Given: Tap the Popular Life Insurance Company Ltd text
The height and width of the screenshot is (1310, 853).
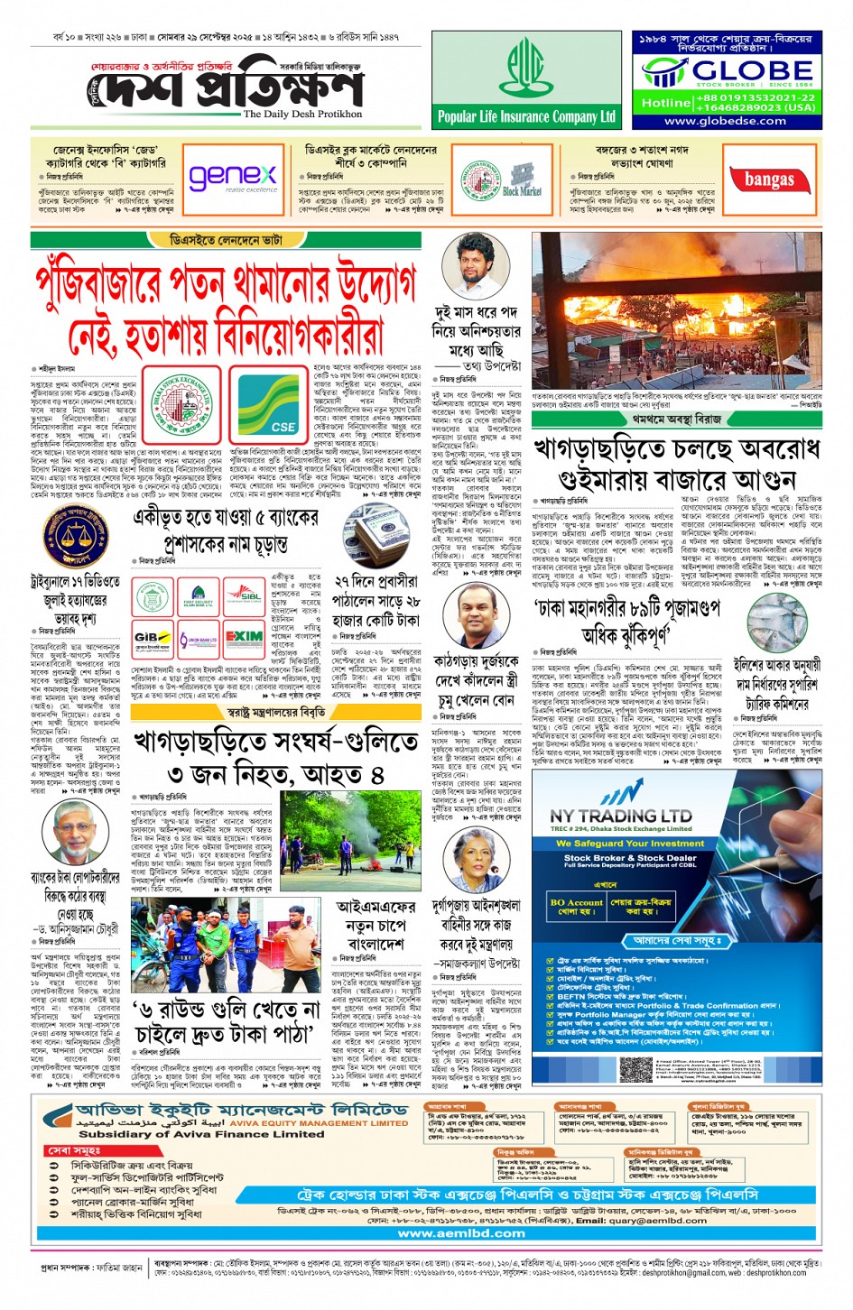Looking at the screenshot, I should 526,116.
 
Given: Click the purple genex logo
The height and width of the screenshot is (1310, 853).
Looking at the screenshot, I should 233,177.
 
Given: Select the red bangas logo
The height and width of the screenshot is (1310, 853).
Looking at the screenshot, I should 769,180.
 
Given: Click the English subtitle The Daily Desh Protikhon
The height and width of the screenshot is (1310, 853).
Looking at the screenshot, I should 302,115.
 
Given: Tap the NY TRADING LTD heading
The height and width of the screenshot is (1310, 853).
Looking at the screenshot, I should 621,816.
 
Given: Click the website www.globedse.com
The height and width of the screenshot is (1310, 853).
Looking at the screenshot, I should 726,121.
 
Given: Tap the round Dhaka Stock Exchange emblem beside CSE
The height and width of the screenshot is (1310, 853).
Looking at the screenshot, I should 181,402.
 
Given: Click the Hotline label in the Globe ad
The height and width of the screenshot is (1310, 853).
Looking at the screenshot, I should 665,103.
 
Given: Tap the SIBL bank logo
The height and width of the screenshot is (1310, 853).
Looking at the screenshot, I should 244,596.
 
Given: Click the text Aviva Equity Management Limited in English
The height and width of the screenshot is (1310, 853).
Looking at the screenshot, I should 319,1123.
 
